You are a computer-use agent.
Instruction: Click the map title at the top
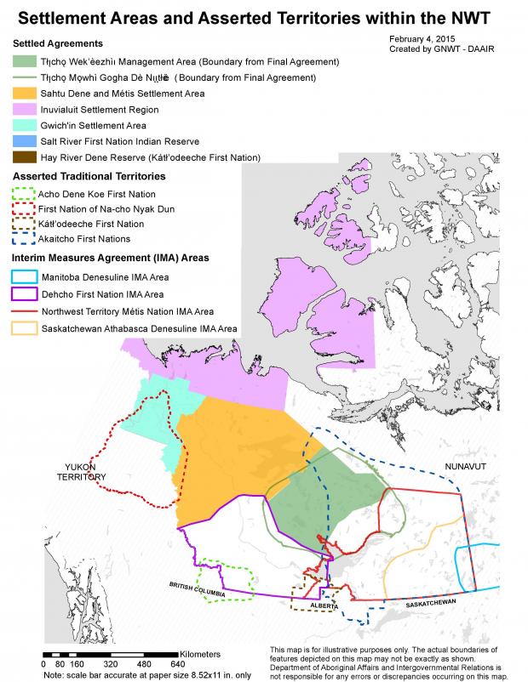point(263,16)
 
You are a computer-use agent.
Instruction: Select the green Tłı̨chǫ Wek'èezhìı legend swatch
point(26,62)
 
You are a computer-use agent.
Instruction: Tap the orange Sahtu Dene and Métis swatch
point(26,94)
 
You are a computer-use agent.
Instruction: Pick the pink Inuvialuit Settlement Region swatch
point(26,110)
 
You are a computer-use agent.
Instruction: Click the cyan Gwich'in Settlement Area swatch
point(26,126)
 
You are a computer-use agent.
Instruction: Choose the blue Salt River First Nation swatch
point(26,141)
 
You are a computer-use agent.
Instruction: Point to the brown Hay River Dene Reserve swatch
point(26,157)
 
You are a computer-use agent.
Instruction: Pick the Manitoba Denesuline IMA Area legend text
point(105,278)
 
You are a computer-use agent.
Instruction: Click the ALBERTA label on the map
point(324,606)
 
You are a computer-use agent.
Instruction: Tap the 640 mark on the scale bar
point(177,663)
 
